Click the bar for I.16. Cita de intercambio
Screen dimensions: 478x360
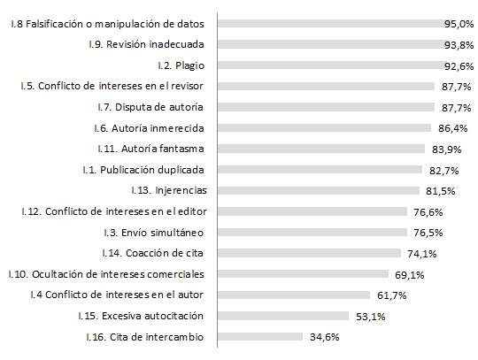point(260,336)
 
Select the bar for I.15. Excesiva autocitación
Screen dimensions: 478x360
point(283,316)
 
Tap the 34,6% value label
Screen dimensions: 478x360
point(325,337)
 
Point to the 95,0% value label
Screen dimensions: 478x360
point(459,24)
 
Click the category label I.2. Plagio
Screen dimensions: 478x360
point(181,65)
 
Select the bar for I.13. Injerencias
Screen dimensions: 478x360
point(319,191)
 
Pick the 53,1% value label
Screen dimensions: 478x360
point(370,317)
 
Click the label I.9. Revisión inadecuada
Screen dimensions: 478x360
point(146,44)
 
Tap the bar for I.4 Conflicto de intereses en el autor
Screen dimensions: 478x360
point(294,295)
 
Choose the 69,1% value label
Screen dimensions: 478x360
point(410,275)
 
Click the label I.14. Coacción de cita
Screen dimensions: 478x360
point(153,253)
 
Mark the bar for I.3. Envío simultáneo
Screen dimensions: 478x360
point(312,233)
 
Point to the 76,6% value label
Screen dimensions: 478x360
point(428,212)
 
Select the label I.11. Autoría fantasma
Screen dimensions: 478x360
point(150,149)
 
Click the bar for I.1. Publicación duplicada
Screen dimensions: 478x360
point(320,169)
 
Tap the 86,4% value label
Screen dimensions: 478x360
point(452,128)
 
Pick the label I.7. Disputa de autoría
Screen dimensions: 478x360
point(150,107)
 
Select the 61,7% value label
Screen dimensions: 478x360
point(392,295)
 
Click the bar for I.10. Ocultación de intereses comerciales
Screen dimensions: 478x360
point(304,274)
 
